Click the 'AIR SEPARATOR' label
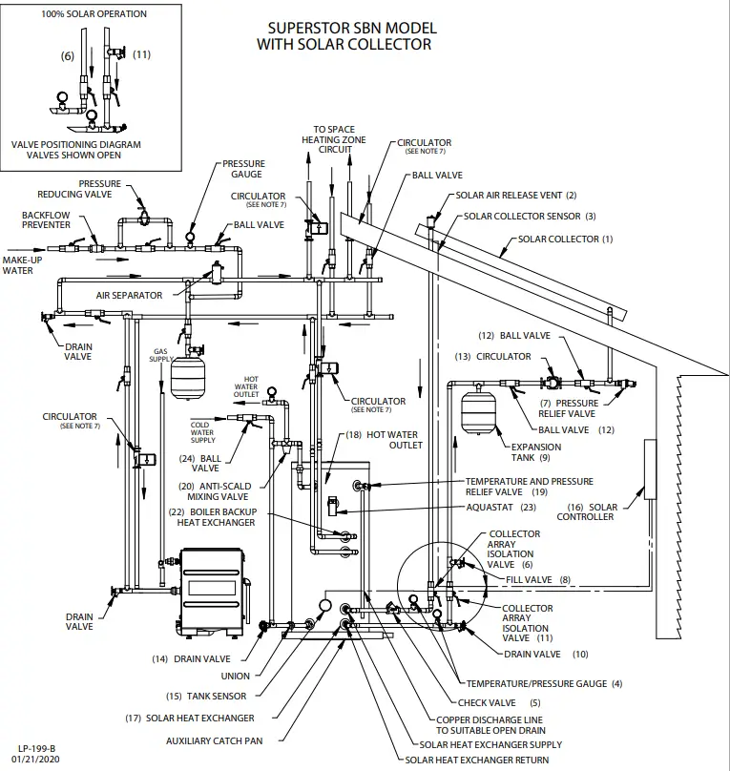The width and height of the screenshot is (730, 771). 129,296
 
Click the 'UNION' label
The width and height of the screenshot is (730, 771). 235,677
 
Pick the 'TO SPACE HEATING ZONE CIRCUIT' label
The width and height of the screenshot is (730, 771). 334,140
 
